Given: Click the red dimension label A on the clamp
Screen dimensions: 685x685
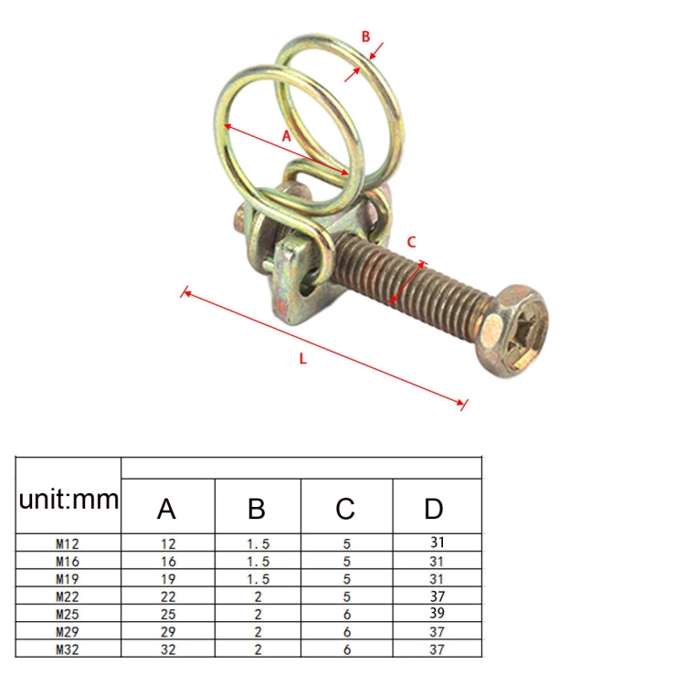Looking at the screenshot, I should pos(286,135).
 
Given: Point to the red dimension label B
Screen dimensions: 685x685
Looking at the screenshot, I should pos(365,37).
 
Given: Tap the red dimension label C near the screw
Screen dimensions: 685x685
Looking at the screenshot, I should pos(411,242).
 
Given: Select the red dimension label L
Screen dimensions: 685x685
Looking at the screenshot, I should pos(302,358).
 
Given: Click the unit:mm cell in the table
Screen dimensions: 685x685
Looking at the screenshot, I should pos(68,499).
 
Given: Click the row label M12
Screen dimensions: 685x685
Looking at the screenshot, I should pos(68,543).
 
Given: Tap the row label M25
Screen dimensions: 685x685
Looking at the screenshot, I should pos(68,614).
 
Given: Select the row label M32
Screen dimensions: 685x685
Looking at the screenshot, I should pos(68,649).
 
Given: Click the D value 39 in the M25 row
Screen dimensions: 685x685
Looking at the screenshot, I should pos(437,614).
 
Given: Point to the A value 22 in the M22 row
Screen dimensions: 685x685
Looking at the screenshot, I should pos(168,596).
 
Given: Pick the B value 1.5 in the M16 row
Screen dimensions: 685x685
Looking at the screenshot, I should pos(258,561).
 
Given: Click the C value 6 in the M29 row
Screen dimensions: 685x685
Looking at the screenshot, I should pos(346,632).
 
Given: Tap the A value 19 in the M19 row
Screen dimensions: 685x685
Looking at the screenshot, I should pos(168,578).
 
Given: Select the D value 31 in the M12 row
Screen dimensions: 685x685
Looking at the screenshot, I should pos(437,543).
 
